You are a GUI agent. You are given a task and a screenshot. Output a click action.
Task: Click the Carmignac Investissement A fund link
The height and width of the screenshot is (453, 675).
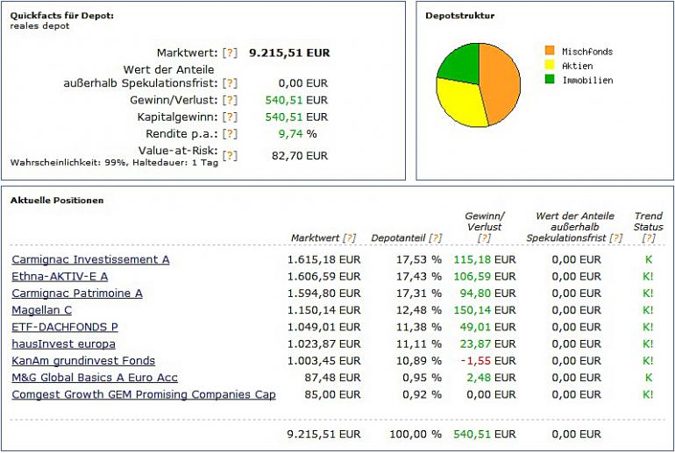coord(90,259)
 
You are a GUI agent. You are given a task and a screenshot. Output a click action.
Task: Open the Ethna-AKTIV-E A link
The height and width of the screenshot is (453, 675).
coord(60,276)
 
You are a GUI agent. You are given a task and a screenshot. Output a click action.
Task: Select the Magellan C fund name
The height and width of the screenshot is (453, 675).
coord(41,310)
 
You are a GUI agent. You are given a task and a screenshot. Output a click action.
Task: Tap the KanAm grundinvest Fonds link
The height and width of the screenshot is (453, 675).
coord(83,360)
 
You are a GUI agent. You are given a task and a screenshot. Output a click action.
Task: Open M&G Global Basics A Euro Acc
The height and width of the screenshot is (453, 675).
coord(95,378)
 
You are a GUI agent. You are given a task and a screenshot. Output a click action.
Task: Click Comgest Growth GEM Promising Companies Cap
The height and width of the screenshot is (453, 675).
coord(144,394)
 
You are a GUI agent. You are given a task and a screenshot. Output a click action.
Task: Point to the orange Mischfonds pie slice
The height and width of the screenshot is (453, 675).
coord(499,79)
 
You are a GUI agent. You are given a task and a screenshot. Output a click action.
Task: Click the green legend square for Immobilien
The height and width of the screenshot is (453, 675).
coord(550,80)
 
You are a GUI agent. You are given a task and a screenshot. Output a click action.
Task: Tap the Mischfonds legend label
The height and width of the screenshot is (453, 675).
coord(587,52)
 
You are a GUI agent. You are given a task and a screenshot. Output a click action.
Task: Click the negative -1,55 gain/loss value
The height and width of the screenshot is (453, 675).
coord(478,361)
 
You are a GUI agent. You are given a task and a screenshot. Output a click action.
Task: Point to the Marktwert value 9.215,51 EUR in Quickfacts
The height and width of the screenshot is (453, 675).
coord(289,53)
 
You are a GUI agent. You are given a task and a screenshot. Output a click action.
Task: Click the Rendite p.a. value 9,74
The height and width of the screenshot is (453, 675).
coord(289,134)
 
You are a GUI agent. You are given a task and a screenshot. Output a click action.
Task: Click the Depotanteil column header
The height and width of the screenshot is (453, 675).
coord(399,237)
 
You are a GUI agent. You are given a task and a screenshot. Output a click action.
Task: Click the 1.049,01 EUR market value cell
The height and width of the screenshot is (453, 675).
coord(323,327)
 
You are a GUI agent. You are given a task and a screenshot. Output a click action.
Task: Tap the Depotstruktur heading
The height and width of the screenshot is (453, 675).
coord(459,16)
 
